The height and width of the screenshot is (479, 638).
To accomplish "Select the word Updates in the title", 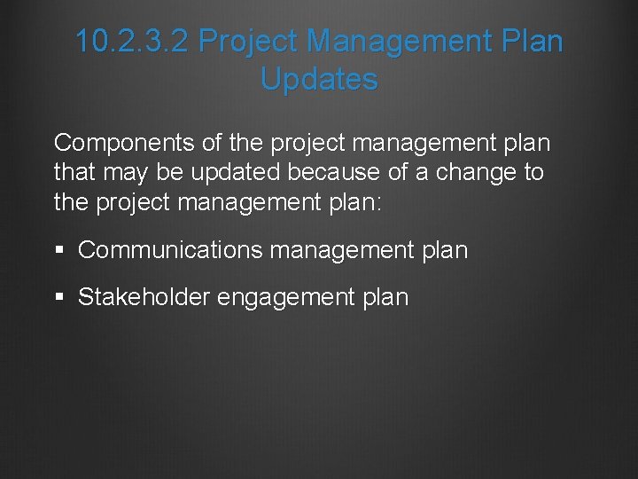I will pyautogui.click(x=319, y=79).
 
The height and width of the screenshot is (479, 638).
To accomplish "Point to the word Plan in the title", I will pyautogui.click(x=529, y=41).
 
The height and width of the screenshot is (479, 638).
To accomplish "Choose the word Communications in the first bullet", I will pyautogui.click(x=170, y=251).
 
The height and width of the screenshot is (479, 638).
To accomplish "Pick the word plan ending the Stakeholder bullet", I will pyautogui.click(x=386, y=298).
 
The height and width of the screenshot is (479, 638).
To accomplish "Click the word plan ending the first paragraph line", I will pyautogui.click(x=525, y=143).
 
